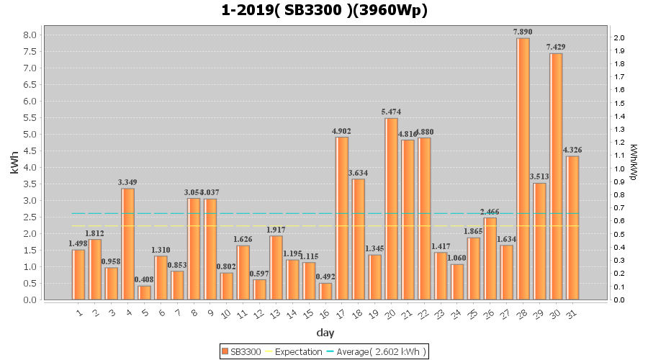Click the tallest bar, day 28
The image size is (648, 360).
coord(523,168)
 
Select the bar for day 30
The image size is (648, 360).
coord(556,176)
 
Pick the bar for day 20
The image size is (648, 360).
coord(391,209)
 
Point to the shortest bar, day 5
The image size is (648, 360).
coord(144,292)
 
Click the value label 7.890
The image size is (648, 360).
coord(523,32)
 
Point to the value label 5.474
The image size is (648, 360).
coord(391,112)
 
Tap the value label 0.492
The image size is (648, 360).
coord(325,276)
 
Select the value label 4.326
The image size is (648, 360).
coord(572,150)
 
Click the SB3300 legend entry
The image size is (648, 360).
coord(241,351)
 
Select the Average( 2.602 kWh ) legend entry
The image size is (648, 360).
coord(377,351)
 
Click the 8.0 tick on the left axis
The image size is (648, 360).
coord(31,35)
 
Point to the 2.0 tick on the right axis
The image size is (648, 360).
coord(618,37)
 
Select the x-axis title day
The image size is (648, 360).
coord(325,333)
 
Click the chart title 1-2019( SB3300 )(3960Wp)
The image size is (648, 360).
coord(325,10)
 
